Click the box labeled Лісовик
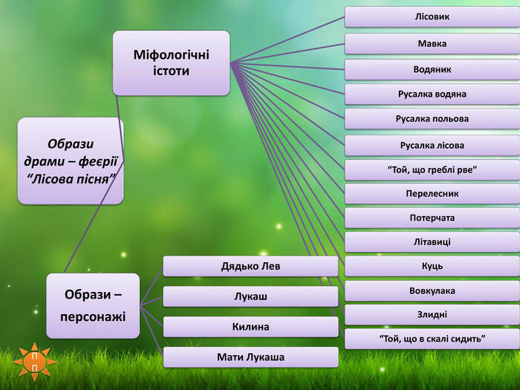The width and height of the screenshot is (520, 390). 432,16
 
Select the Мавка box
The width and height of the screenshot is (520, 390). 432,43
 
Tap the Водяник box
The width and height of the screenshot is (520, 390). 432,70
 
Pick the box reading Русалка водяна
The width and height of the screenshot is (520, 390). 432,94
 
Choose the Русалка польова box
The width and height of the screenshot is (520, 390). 432,119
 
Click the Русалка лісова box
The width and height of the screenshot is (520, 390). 432,146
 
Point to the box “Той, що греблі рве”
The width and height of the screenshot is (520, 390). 432,170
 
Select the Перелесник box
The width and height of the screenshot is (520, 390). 432,194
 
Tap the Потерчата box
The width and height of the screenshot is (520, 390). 432,218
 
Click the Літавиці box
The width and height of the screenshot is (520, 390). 432,242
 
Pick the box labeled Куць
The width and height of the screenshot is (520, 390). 432,266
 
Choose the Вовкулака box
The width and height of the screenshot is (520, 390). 432,291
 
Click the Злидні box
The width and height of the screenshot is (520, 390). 432,315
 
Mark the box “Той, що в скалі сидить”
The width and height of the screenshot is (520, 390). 432,339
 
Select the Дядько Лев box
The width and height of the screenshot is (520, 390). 251,266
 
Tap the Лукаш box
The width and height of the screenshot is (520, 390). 251,296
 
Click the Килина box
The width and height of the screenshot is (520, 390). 251,327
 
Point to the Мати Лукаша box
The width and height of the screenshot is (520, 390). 251,357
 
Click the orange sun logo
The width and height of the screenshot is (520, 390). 34,362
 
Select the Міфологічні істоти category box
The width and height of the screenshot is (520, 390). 171,63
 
